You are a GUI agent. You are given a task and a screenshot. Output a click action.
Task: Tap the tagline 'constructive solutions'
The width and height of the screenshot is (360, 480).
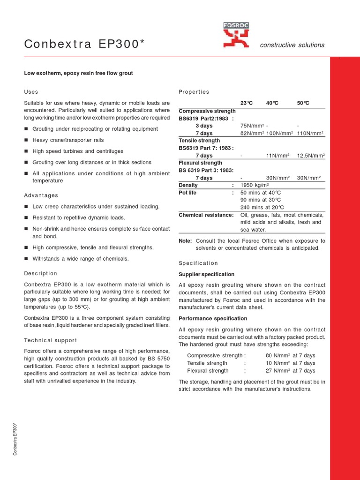(292, 45)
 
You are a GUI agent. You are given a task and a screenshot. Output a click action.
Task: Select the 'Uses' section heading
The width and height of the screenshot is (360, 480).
(31, 91)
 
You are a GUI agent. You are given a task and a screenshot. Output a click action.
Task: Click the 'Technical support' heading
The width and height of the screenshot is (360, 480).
(50, 340)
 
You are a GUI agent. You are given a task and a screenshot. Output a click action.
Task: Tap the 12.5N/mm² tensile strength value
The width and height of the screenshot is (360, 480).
(311, 155)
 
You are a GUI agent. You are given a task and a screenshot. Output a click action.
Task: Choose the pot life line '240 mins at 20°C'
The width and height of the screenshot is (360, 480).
(262, 207)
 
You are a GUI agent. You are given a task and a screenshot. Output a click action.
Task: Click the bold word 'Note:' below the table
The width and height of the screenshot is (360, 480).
(186, 240)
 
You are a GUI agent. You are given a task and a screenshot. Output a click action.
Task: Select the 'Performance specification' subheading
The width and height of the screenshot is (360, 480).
(213, 318)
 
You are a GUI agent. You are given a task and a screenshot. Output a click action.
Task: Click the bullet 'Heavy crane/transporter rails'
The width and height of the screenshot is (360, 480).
(68, 140)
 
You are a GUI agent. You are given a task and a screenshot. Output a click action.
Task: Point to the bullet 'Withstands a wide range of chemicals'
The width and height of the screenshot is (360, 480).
(80, 258)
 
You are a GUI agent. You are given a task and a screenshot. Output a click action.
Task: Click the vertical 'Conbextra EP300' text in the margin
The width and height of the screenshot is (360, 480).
(15, 439)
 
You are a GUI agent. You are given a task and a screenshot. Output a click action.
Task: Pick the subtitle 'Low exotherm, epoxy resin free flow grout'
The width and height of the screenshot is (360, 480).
(78, 73)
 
